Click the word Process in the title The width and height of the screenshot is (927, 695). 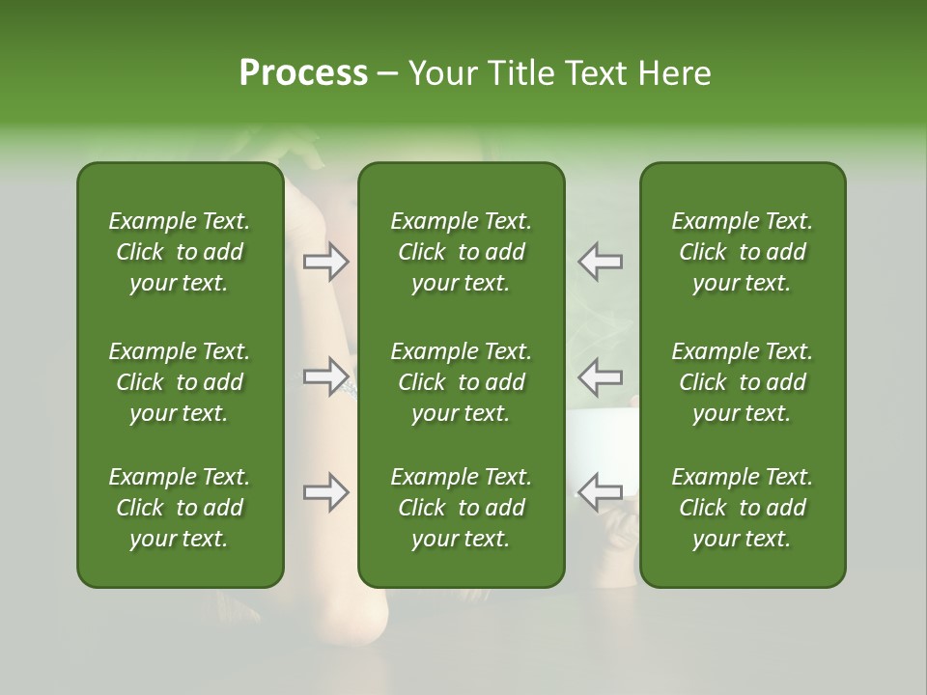303,73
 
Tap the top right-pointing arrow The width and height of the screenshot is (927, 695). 325,262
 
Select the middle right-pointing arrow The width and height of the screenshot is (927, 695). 325,375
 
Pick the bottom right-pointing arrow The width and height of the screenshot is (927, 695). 325,492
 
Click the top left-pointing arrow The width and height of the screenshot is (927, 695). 601,262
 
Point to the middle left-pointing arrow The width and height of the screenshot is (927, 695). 601,375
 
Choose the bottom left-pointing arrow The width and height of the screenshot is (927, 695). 601,492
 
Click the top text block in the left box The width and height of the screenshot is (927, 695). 180,252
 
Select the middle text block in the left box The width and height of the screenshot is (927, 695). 180,382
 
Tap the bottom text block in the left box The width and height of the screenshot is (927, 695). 180,508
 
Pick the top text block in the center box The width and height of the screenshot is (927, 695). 462,252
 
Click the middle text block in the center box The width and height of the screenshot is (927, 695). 462,382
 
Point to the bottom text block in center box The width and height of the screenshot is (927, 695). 462,508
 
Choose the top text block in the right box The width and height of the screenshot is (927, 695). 743,252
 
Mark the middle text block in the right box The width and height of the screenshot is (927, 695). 743,382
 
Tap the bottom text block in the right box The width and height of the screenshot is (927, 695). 743,508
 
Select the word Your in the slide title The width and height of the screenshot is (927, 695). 440,73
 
